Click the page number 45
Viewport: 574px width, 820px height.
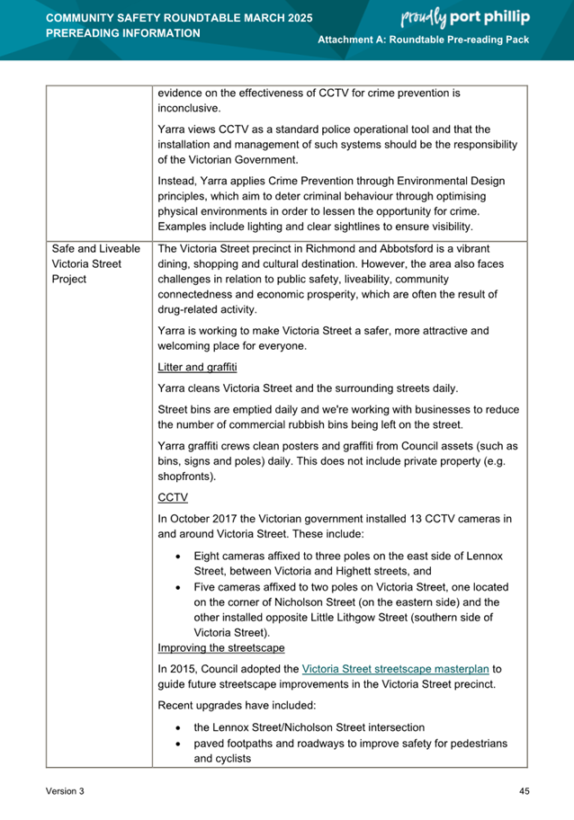[524, 790]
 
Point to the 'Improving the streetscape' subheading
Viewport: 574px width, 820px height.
[220, 647]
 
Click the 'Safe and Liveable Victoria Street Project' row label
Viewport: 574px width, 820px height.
[95, 263]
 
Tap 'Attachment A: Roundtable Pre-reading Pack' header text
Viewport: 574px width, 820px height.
[424, 42]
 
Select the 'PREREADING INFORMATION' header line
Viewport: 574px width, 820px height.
[122, 33]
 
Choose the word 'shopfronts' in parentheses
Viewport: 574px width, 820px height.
[188, 476]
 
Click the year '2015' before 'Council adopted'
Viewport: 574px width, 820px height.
[185, 669]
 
